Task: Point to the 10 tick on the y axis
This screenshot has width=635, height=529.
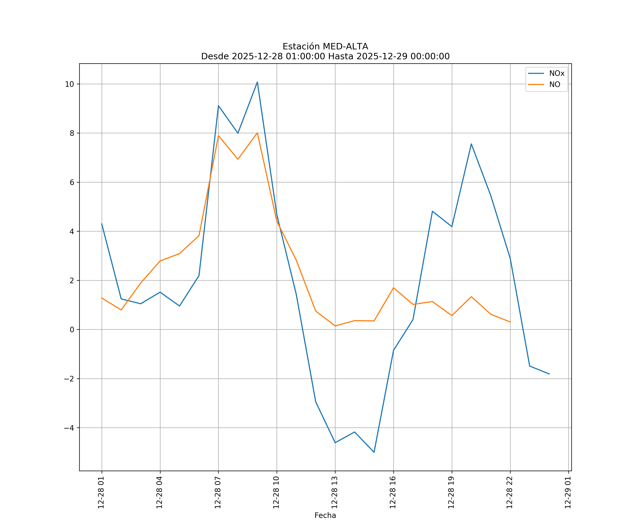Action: coord(69,84)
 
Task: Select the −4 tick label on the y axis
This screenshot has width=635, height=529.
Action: coord(69,428)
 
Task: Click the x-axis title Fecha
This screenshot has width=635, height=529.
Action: coord(325,515)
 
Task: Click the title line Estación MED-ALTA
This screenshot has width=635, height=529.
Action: coord(325,47)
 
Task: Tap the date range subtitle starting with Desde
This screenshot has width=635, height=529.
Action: coord(325,56)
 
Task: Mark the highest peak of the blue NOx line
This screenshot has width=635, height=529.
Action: coord(257,82)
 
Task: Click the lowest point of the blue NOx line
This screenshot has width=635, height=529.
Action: coord(374,452)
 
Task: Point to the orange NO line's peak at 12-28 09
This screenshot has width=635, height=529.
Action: coord(257,133)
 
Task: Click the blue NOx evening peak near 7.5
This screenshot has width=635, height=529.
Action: coord(471,144)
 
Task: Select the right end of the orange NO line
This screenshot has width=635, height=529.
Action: coord(510,322)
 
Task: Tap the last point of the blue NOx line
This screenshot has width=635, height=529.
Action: coord(549,374)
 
